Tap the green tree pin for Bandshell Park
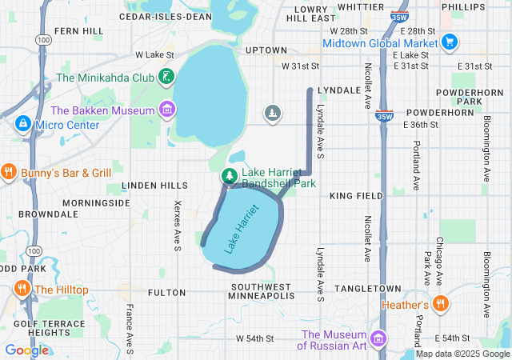[x=230, y=176]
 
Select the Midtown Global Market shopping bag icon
[x=450, y=42]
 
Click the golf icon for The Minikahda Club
[x=166, y=78]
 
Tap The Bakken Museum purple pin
[x=166, y=109]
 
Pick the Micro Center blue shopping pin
[x=22, y=125]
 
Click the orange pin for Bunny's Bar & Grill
[x=9, y=172]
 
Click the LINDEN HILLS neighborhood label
[x=154, y=186]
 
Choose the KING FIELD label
[x=352, y=195]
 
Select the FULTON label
[x=166, y=293]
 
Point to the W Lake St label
[x=154, y=54]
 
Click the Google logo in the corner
[x=26, y=350]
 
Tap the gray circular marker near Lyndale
[x=273, y=113]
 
